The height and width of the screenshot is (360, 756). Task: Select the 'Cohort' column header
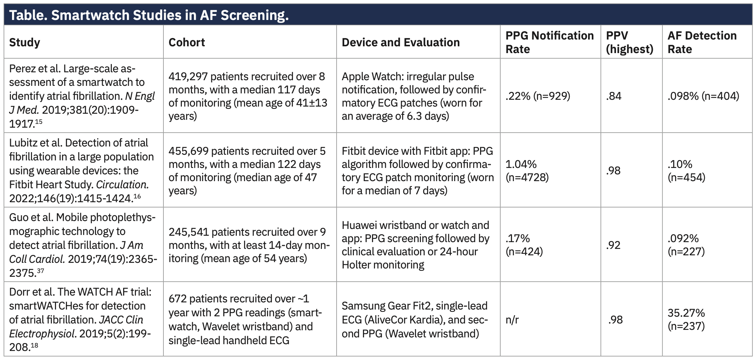(x=186, y=42)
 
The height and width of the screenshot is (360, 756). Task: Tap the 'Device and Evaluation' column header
(x=401, y=42)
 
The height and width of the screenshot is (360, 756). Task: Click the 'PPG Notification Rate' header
(x=549, y=42)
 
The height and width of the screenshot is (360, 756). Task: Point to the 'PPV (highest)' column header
(x=629, y=42)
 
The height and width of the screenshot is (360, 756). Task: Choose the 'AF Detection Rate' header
(x=702, y=42)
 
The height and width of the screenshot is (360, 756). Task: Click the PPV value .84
(x=614, y=96)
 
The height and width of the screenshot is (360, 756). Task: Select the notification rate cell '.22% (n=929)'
(x=538, y=96)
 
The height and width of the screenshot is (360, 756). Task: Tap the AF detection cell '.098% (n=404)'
(x=703, y=96)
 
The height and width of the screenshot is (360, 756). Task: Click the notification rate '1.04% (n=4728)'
(x=527, y=171)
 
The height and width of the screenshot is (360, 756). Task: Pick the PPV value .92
(x=614, y=245)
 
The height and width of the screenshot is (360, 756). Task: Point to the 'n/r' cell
(x=512, y=320)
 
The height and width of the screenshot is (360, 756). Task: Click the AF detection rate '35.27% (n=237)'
(x=686, y=320)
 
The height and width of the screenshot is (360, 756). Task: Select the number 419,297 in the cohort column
(x=188, y=76)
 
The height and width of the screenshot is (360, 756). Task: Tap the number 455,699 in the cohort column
(x=188, y=151)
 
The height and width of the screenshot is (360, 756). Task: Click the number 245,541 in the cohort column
(x=188, y=232)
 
